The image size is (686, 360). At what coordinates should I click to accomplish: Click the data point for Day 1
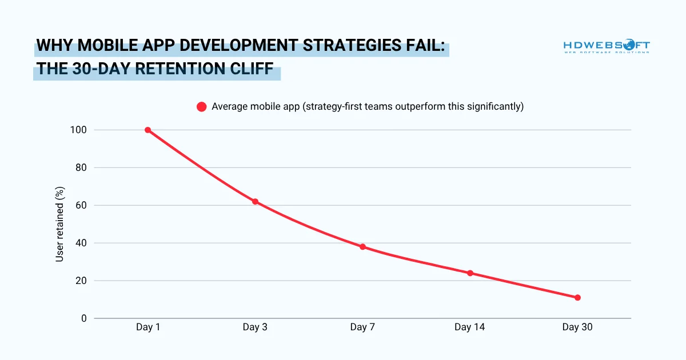coord(147,130)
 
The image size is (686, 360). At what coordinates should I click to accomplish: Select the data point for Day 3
coord(255,202)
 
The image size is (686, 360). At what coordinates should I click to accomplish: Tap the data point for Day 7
coord(362,247)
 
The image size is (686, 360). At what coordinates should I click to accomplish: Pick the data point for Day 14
coord(470,273)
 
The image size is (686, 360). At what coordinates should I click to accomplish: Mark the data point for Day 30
coord(577,298)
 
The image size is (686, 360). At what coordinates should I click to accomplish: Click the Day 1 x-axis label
coord(147,327)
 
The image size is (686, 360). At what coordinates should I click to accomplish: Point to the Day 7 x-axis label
coord(362,327)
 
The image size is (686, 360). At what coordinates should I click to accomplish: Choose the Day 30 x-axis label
coord(577,327)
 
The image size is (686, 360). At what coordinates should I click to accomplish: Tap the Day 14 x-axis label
coord(470,327)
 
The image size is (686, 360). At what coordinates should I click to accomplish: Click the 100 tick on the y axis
coord(79,130)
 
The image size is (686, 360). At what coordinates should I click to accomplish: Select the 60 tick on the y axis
coord(81,206)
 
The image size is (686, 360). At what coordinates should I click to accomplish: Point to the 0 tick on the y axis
coord(83,318)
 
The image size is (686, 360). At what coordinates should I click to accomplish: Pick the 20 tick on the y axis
coord(81,281)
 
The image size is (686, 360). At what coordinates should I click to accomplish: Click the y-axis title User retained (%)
coord(59,225)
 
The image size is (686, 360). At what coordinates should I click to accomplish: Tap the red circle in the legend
coord(201,107)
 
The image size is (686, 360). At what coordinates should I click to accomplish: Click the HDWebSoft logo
coord(606,46)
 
